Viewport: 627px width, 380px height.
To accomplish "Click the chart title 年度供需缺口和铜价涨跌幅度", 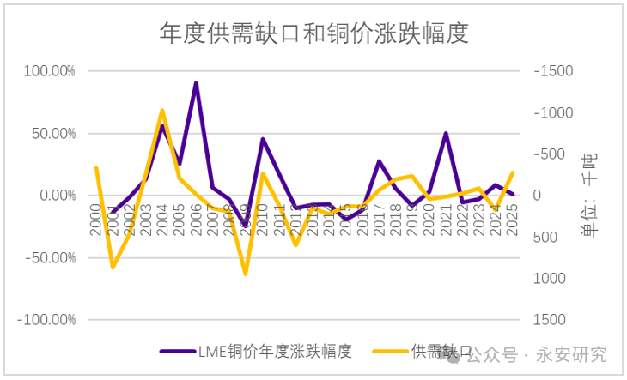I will (x=313, y=33).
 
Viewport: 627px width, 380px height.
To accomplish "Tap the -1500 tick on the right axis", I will (x=553, y=71).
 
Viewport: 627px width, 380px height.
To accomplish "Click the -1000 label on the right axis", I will (x=553, y=113).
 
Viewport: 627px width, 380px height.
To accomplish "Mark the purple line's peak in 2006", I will (x=196, y=83).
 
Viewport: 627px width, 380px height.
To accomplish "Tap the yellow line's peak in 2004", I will (x=162, y=110).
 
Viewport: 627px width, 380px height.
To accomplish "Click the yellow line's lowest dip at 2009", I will (x=246, y=274).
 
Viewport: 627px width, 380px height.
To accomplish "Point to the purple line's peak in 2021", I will (x=447, y=133).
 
